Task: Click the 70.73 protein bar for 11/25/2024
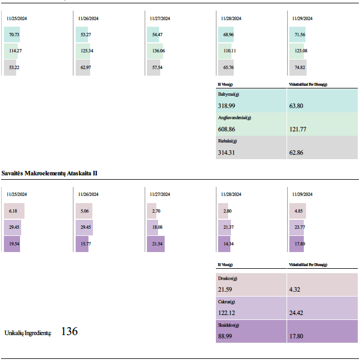11,34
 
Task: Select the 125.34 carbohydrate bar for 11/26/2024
85,51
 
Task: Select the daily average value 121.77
298,129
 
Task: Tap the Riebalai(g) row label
229,141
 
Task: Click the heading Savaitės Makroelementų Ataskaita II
50,174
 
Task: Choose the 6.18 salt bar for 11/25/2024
14,211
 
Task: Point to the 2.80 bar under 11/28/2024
227,211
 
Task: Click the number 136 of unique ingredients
69,332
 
